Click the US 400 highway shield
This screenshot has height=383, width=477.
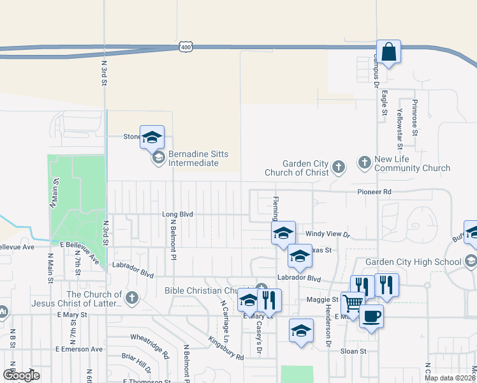[x=186, y=47]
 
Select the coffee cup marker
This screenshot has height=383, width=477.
[x=371, y=316]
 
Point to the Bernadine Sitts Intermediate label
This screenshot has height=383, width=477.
[x=194, y=158]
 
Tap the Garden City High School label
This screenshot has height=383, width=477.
[x=413, y=262]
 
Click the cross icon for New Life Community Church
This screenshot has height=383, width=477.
[x=364, y=161]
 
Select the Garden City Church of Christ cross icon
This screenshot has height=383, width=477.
[x=339, y=167]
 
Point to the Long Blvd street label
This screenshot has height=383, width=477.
[x=177, y=214]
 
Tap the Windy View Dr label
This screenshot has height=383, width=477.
[x=328, y=235]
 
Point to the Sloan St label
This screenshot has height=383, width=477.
[x=353, y=351]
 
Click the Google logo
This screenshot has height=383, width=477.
[x=22, y=375]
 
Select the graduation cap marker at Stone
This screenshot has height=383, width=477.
[x=152, y=137]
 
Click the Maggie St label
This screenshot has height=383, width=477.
[x=323, y=299]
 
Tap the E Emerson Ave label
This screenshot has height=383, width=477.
[x=78, y=349]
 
